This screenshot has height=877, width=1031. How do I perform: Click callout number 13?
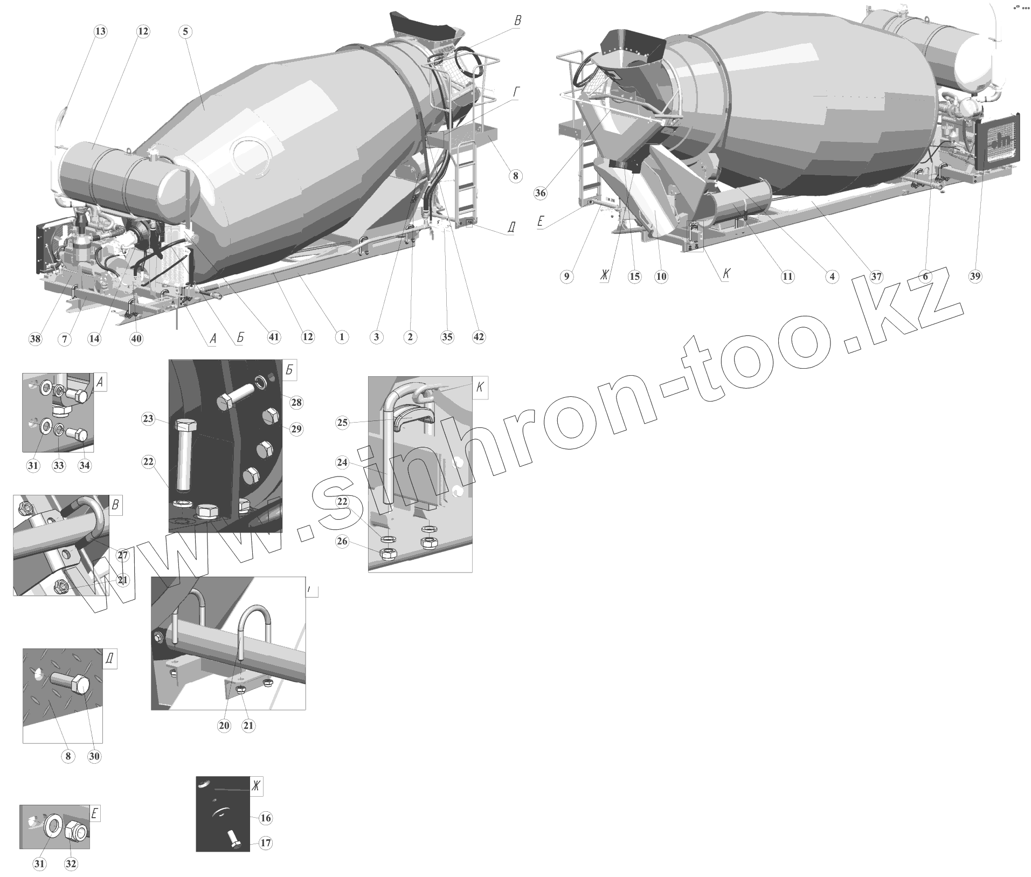click(100, 31)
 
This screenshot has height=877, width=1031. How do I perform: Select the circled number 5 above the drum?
click(185, 31)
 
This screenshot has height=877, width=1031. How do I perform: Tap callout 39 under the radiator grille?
click(975, 276)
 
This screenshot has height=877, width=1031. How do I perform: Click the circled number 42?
click(479, 337)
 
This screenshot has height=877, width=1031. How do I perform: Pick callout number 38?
click(36, 339)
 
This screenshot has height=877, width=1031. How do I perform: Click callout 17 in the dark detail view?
click(266, 843)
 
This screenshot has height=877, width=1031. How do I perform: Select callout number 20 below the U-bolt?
click(224, 726)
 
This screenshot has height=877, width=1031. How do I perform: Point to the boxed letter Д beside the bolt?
click(109, 659)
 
